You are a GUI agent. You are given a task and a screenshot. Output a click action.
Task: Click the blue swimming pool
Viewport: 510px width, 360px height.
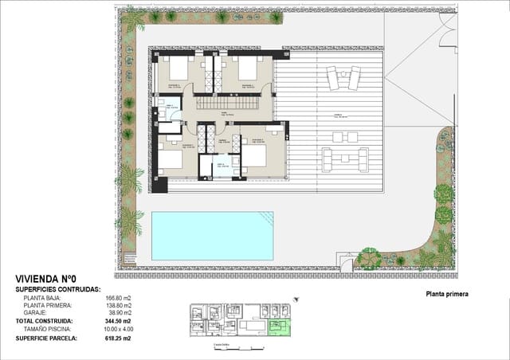pyautogui.click(x=211, y=236)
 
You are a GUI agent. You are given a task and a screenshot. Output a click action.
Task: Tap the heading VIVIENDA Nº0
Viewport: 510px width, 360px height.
pyautogui.click(x=46, y=279)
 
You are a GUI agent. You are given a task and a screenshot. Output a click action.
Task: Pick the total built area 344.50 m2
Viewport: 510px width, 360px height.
pyautogui.click(x=116, y=321)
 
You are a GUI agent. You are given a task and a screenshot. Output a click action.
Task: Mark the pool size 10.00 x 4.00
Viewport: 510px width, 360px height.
pyautogui.click(x=116, y=329)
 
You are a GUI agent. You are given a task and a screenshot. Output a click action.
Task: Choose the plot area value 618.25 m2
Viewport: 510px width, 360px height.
pyautogui.click(x=116, y=338)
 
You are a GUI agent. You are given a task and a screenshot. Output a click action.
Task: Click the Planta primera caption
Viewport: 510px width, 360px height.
pyautogui.click(x=447, y=294)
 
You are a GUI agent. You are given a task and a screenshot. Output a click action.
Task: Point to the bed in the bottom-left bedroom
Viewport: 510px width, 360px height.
pyautogui.click(x=171, y=158)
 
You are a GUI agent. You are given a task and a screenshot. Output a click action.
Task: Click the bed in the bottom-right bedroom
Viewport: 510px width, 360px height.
pyautogui.click(x=255, y=155)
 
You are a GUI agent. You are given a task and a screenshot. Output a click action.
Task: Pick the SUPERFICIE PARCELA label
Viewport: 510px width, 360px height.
pyautogui.click(x=46, y=338)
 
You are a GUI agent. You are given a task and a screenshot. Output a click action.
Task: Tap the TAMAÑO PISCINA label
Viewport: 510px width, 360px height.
pyautogui.click(x=47, y=329)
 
